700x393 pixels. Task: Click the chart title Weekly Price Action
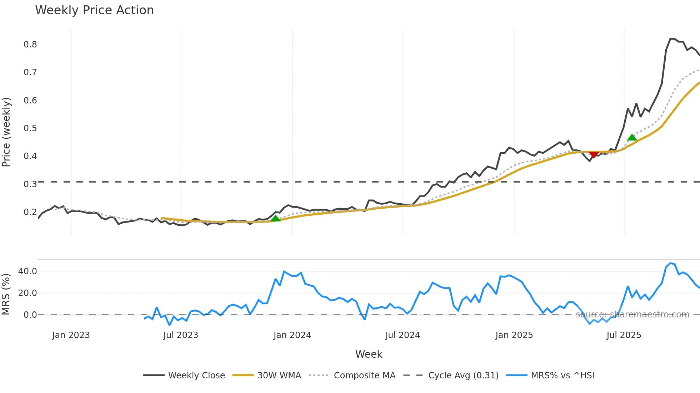pyautogui.click(x=94, y=10)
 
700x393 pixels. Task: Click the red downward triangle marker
pyautogui.click(x=594, y=154)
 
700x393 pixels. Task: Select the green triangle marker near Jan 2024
pyautogui.click(x=275, y=218)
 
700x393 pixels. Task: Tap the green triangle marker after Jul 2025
pyautogui.click(x=632, y=138)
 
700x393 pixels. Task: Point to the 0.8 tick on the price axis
pyautogui.click(x=30, y=45)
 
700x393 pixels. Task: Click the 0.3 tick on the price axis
pyautogui.click(x=30, y=184)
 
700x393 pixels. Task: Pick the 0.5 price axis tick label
pyautogui.click(x=30, y=128)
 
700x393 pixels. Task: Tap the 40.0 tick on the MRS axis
pyautogui.click(x=27, y=271)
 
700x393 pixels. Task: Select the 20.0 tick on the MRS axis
pyautogui.click(x=27, y=293)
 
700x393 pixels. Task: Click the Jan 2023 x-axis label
pyautogui.click(x=71, y=335)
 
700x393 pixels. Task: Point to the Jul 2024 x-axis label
pyautogui.click(x=402, y=335)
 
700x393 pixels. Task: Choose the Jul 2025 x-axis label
pyautogui.click(x=624, y=335)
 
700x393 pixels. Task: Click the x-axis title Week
pyautogui.click(x=369, y=354)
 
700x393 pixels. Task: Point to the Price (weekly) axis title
pyautogui.click(x=6, y=132)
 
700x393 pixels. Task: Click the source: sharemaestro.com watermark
pyautogui.click(x=632, y=315)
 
